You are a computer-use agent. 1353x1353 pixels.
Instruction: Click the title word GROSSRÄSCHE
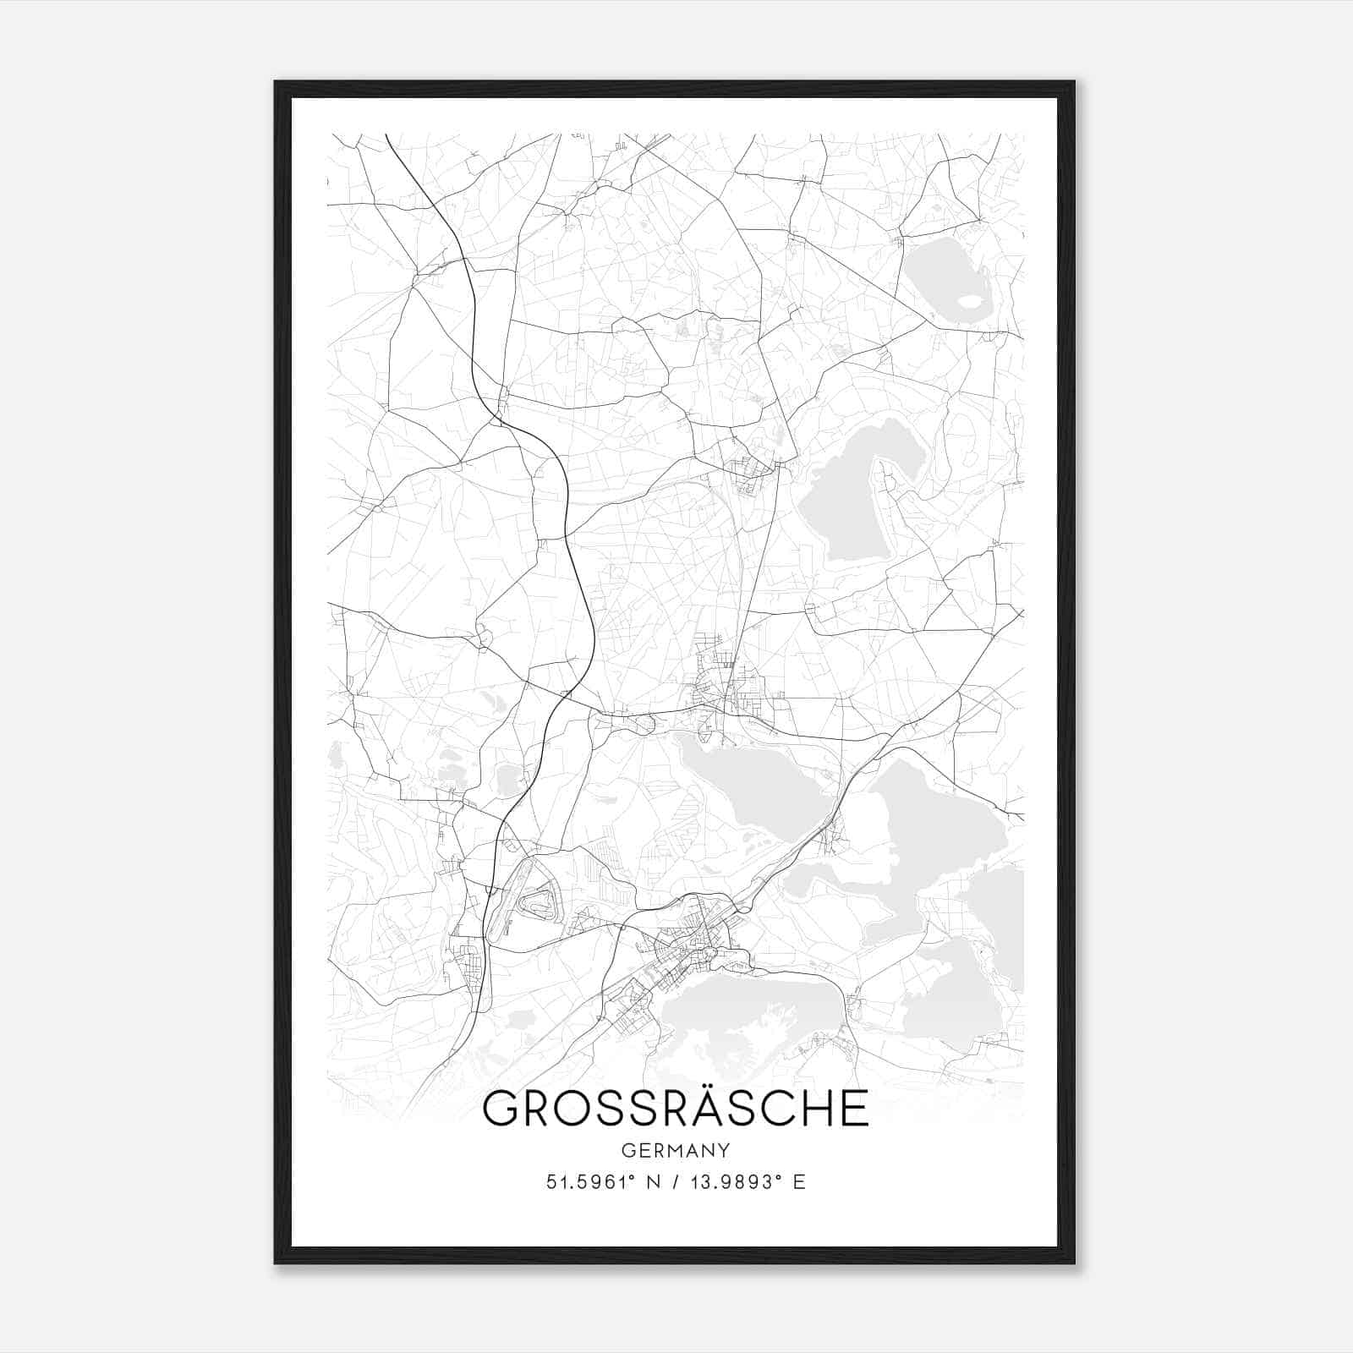click(675, 1109)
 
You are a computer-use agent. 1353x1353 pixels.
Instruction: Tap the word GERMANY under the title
click(675, 1150)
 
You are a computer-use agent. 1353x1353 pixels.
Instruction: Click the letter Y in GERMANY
click(724, 1150)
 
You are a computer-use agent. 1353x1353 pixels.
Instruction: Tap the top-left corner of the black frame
click(277, 83)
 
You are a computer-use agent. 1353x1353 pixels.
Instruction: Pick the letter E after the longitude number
click(798, 1181)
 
